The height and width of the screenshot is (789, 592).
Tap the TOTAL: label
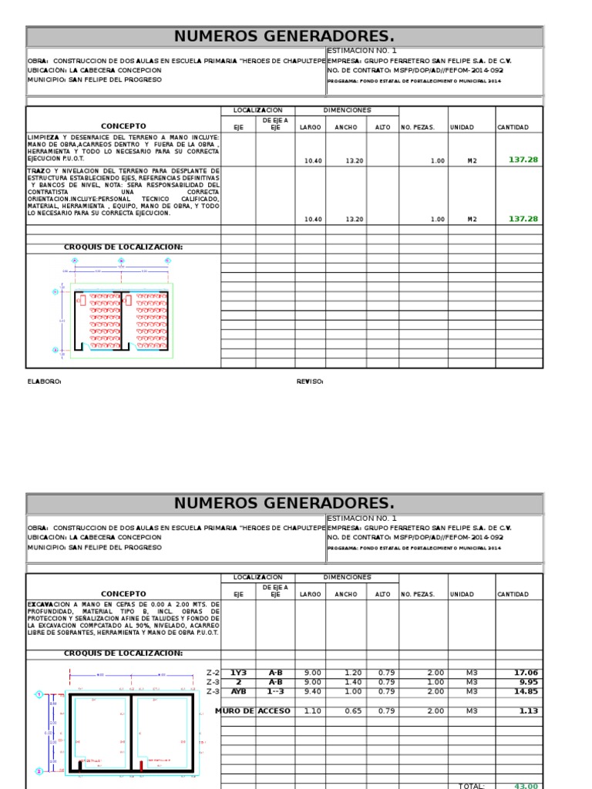tap(472, 785)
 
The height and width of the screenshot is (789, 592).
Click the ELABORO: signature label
tap(44, 381)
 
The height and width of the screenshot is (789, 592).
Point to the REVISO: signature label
tap(310, 381)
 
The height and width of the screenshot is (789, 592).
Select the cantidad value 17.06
tap(527, 673)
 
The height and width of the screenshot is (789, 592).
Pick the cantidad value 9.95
tap(529, 682)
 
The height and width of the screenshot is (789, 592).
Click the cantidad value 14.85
tap(527, 691)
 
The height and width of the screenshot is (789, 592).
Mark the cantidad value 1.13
tap(529, 710)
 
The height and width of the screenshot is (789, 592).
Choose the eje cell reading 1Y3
tap(239, 673)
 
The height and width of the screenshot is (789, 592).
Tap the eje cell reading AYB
tap(239, 691)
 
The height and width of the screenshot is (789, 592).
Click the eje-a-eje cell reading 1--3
tap(275, 691)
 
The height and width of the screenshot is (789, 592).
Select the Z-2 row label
tap(214, 673)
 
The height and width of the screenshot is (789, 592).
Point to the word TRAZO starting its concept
tap(38, 170)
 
